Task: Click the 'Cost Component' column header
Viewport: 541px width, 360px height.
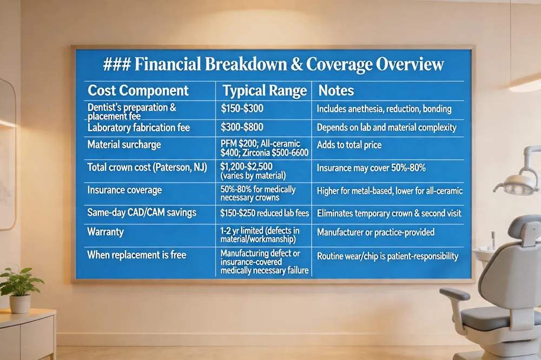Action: pos(138,90)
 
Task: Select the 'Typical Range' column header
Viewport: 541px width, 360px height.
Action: pos(265,90)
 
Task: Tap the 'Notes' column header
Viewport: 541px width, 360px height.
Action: pos(336,90)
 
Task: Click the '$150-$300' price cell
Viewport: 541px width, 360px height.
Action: pos(242,109)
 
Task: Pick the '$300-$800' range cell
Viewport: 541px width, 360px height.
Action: pos(242,128)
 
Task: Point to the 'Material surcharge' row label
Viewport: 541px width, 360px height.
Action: pos(124,145)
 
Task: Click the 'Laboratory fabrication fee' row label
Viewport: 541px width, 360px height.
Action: pos(139,128)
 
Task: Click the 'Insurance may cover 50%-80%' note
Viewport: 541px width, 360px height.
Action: pos(371,168)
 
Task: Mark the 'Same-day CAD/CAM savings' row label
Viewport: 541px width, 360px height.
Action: pos(142,213)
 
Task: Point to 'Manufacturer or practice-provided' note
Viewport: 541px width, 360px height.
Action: pos(376,232)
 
